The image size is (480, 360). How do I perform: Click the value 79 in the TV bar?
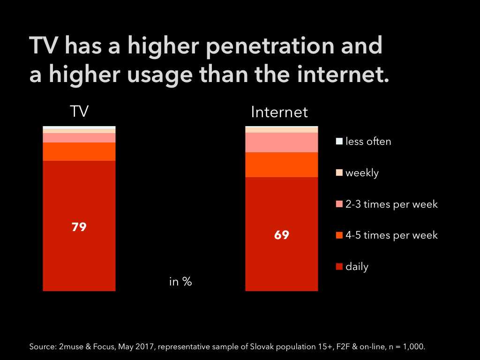(x=79, y=227)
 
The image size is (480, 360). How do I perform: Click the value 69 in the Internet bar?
(x=282, y=235)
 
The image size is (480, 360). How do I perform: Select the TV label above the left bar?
(x=79, y=112)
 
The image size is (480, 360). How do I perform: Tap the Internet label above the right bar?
(x=279, y=112)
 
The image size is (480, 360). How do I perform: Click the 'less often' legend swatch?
(x=339, y=141)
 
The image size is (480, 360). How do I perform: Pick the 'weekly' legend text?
(x=362, y=173)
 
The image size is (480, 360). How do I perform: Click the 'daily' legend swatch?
(x=339, y=267)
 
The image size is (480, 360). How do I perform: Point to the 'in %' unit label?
(x=180, y=282)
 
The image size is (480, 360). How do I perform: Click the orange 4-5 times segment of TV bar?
(x=79, y=151)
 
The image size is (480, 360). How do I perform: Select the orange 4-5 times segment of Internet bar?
(x=282, y=165)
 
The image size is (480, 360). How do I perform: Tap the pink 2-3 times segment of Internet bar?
(x=282, y=142)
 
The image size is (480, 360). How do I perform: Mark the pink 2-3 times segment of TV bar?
(x=79, y=138)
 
